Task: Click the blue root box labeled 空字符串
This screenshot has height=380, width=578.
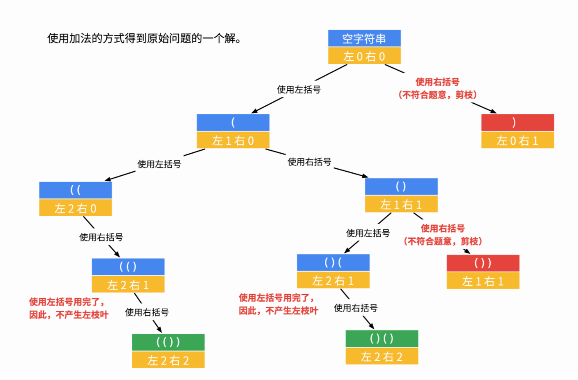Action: [x=364, y=38]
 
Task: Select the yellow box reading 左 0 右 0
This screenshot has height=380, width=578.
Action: [x=364, y=56]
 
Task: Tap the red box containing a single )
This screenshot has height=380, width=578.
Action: [x=517, y=123]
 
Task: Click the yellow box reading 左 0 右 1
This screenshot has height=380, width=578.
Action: [x=517, y=140]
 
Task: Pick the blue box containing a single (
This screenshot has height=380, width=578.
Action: [x=233, y=123]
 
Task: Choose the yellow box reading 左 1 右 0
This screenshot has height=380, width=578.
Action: [x=233, y=140]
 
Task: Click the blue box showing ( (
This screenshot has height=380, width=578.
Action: [x=75, y=190]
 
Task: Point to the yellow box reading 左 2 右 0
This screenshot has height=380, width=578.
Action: [x=75, y=208]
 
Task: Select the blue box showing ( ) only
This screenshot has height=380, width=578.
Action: [x=401, y=186]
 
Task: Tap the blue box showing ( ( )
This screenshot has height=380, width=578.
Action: [x=128, y=267]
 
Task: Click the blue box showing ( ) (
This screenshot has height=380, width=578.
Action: [x=333, y=263]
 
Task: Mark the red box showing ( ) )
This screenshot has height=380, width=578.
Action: [x=483, y=263]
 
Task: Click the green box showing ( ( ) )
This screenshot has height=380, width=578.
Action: [x=168, y=342]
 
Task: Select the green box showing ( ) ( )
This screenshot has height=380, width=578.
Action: [x=381, y=338]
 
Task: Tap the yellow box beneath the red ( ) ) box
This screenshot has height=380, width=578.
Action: [x=483, y=281]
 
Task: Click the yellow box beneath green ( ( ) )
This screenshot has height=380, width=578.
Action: [x=168, y=360]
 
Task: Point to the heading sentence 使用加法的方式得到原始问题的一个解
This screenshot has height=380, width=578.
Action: [x=144, y=39]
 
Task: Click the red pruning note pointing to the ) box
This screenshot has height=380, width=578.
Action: [x=437, y=88]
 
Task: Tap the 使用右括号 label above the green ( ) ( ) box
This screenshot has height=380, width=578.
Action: [x=355, y=307]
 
